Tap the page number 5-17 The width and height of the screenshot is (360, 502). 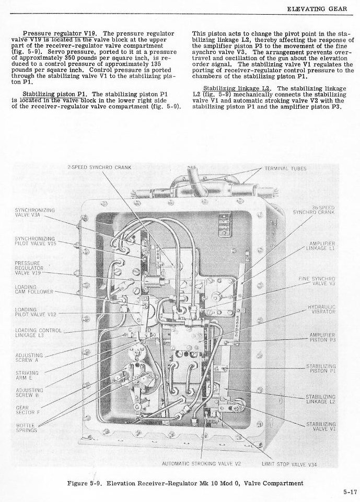coord(350,491)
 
